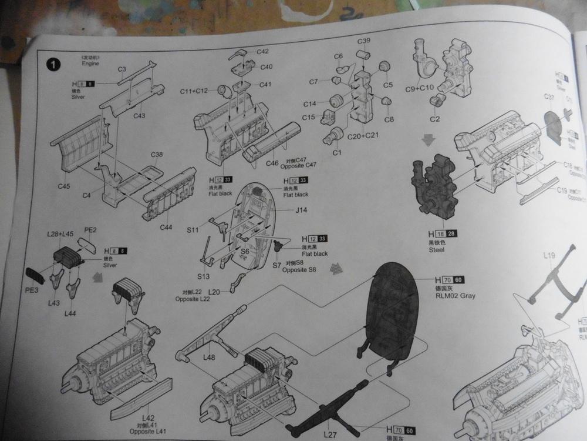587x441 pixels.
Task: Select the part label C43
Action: click(139, 116)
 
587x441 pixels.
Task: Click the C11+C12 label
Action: click(194, 91)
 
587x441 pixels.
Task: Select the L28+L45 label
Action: click(60, 234)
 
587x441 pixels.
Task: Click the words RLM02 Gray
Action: click(456, 296)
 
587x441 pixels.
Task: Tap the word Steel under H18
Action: click(437, 250)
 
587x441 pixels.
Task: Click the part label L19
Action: click(549, 256)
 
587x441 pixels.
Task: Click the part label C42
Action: click(262, 52)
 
